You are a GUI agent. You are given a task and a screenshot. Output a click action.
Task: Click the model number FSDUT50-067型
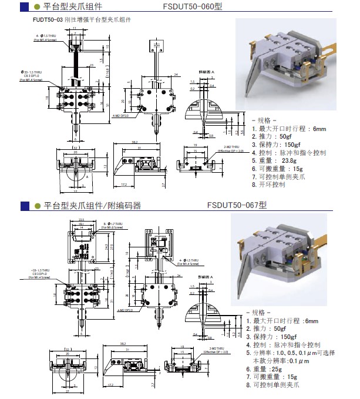(x=237, y=206)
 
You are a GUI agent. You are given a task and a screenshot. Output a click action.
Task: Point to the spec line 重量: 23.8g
(x=275, y=160)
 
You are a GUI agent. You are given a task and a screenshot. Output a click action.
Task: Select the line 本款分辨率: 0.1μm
(x=282, y=361)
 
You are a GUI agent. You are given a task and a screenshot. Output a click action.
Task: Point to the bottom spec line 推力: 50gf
(x=272, y=329)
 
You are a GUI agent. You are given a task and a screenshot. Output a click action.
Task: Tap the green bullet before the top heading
(x=36, y=8)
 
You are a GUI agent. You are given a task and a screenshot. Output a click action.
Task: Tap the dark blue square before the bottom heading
(x=23, y=206)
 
